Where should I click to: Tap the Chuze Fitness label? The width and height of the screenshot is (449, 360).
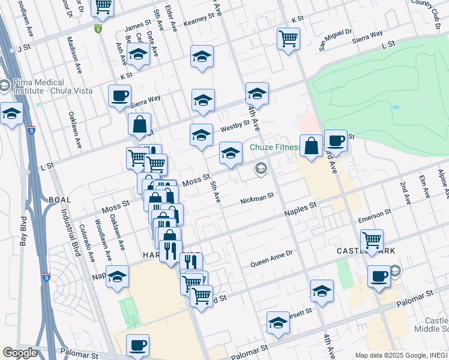click(x=274, y=147)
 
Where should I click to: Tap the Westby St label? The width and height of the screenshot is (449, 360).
click(x=235, y=127)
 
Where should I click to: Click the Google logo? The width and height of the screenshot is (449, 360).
click(x=20, y=353)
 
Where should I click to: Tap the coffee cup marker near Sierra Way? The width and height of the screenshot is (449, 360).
click(x=119, y=95)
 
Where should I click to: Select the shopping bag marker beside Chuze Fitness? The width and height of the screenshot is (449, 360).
click(x=311, y=145)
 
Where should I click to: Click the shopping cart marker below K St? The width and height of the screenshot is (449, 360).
click(x=288, y=38)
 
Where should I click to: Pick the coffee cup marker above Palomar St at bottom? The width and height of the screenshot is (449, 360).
click(x=137, y=344)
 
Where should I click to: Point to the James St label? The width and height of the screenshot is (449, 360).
click(x=137, y=26)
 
